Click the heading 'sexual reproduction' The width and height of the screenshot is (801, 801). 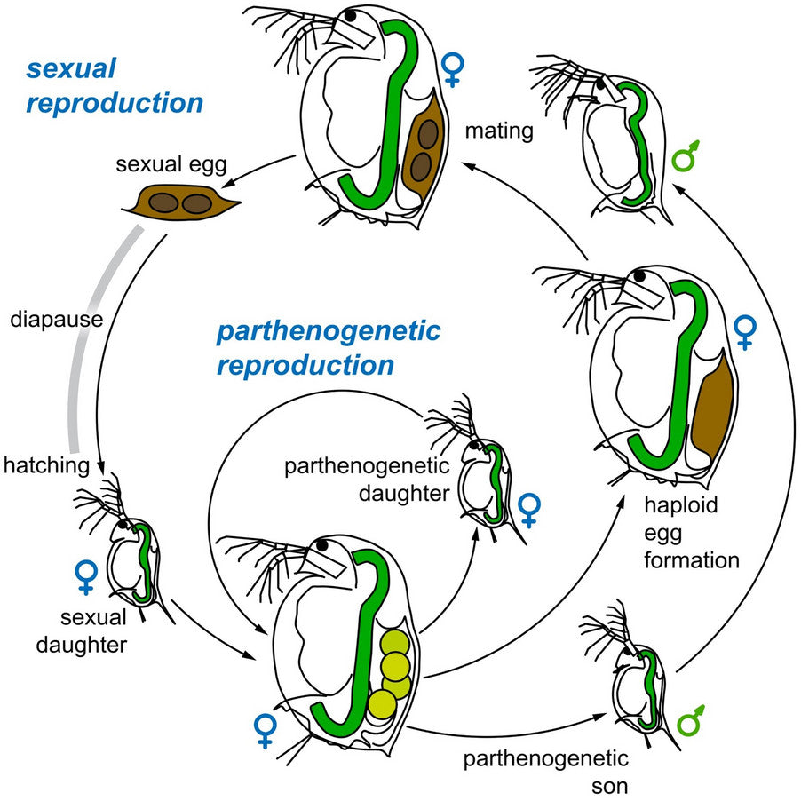(x=115, y=86)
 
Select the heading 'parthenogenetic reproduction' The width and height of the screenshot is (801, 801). (x=329, y=348)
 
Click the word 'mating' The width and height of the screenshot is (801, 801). (x=499, y=132)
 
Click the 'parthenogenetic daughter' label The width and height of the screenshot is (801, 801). (x=367, y=480)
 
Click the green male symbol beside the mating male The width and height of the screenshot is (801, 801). (x=686, y=155)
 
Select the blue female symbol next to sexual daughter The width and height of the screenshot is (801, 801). (x=85, y=576)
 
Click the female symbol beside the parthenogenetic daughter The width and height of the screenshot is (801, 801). (x=529, y=512)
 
